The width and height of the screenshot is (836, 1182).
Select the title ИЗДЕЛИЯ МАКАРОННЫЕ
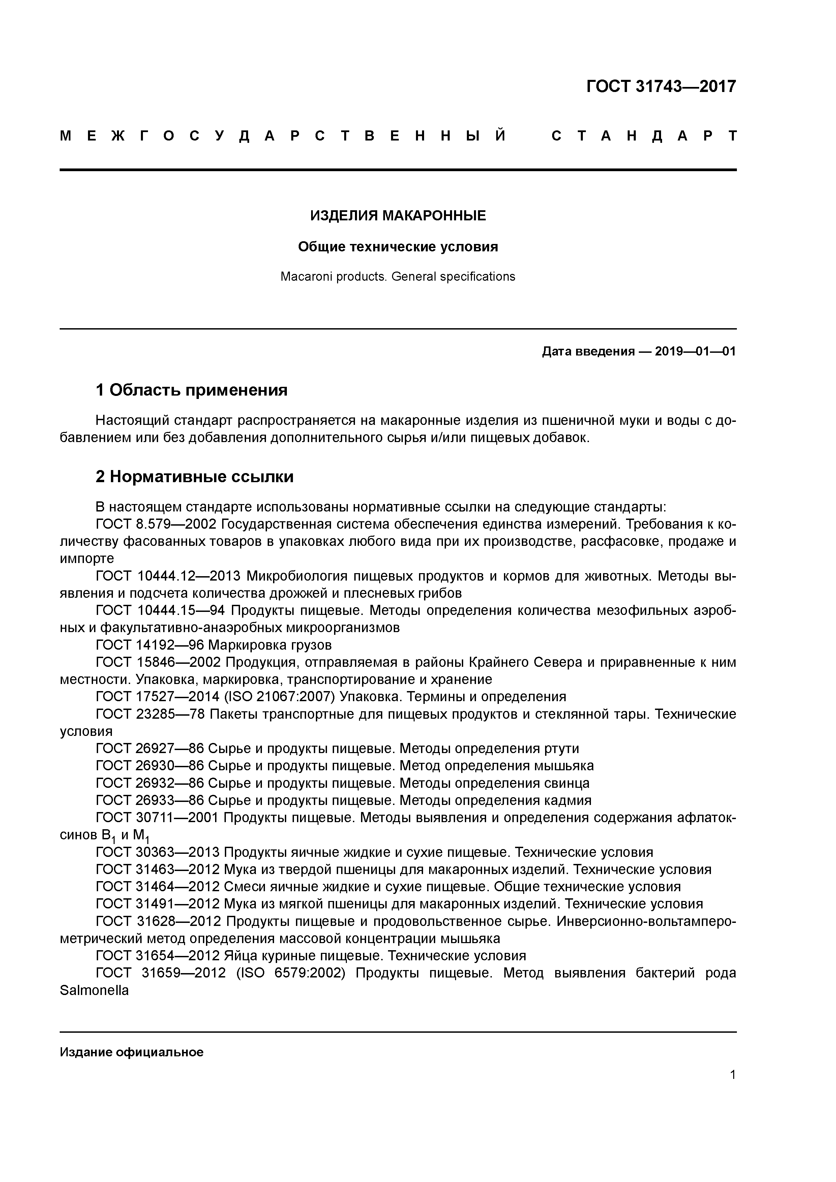point(398,216)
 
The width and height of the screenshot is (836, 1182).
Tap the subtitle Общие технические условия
point(398,247)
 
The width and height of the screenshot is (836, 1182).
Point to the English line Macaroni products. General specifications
point(398,276)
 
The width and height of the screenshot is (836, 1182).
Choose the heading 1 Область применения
point(191,390)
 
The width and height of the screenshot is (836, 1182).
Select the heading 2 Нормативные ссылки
point(195,477)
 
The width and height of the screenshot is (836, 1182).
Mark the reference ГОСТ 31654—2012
point(158,956)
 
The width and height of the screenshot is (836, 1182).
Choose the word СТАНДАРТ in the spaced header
point(644,136)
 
